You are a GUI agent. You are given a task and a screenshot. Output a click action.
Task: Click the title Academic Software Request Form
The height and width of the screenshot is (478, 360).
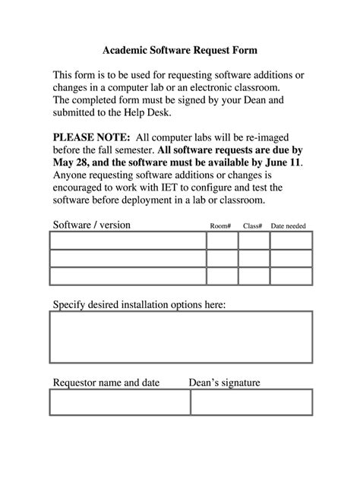pyautogui.click(x=180, y=50)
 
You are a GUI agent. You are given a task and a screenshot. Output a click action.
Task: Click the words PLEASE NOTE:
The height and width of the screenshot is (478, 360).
pyautogui.click(x=90, y=137)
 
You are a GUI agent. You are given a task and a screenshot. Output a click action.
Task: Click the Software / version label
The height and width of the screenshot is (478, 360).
pyautogui.click(x=91, y=225)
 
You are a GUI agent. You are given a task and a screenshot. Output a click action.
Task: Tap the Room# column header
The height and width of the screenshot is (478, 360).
pyautogui.click(x=220, y=226)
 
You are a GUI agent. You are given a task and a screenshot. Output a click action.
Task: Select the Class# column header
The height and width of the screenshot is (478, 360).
pyautogui.click(x=253, y=226)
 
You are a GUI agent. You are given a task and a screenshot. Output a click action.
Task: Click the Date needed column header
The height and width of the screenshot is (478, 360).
pyautogui.click(x=289, y=226)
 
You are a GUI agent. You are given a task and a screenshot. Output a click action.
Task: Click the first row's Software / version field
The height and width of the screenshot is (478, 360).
pyautogui.click(x=128, y=241)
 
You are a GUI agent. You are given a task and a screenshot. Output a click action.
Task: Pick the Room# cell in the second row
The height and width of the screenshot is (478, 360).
pyautogui.click(x=222, y=258)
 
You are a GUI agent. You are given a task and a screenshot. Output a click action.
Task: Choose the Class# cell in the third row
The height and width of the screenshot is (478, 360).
pyautogui.click(x=254, y=276)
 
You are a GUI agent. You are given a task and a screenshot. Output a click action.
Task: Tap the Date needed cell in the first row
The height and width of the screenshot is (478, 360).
pyautogui.click(x=291, y=241)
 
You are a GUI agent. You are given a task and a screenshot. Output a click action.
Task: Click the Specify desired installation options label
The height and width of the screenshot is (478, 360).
pyautogui.click(x=139, y=305)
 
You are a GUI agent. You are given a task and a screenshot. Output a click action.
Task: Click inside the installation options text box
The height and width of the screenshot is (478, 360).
pyautogui.click(x=182, y=337)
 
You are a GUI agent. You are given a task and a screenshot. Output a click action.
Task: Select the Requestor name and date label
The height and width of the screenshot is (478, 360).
pyautogui.click(x=106, y=382)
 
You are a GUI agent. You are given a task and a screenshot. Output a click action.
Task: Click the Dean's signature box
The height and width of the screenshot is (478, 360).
pyautogui.click(x=251, y=402)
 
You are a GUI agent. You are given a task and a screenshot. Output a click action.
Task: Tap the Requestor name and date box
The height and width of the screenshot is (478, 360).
pyautogui.click(x=120, y=402)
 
